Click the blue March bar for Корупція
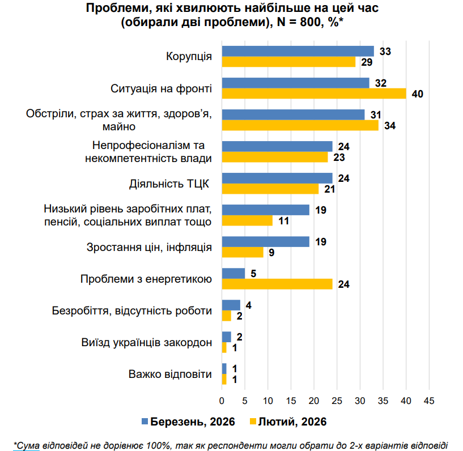(298, 51)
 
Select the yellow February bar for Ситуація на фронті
(314, 93)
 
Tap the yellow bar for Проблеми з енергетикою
(277, 284)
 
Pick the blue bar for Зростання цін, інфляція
(265, 242)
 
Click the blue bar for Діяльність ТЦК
(277, 178)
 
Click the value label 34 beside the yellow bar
(390, 126)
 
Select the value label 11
(283, 221)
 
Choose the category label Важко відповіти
(170, 375)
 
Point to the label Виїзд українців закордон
(147, 343)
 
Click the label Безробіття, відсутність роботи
(131, 311)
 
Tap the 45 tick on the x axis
(429, 401)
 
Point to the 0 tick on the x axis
(222, 401)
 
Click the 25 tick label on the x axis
(337, 401)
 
